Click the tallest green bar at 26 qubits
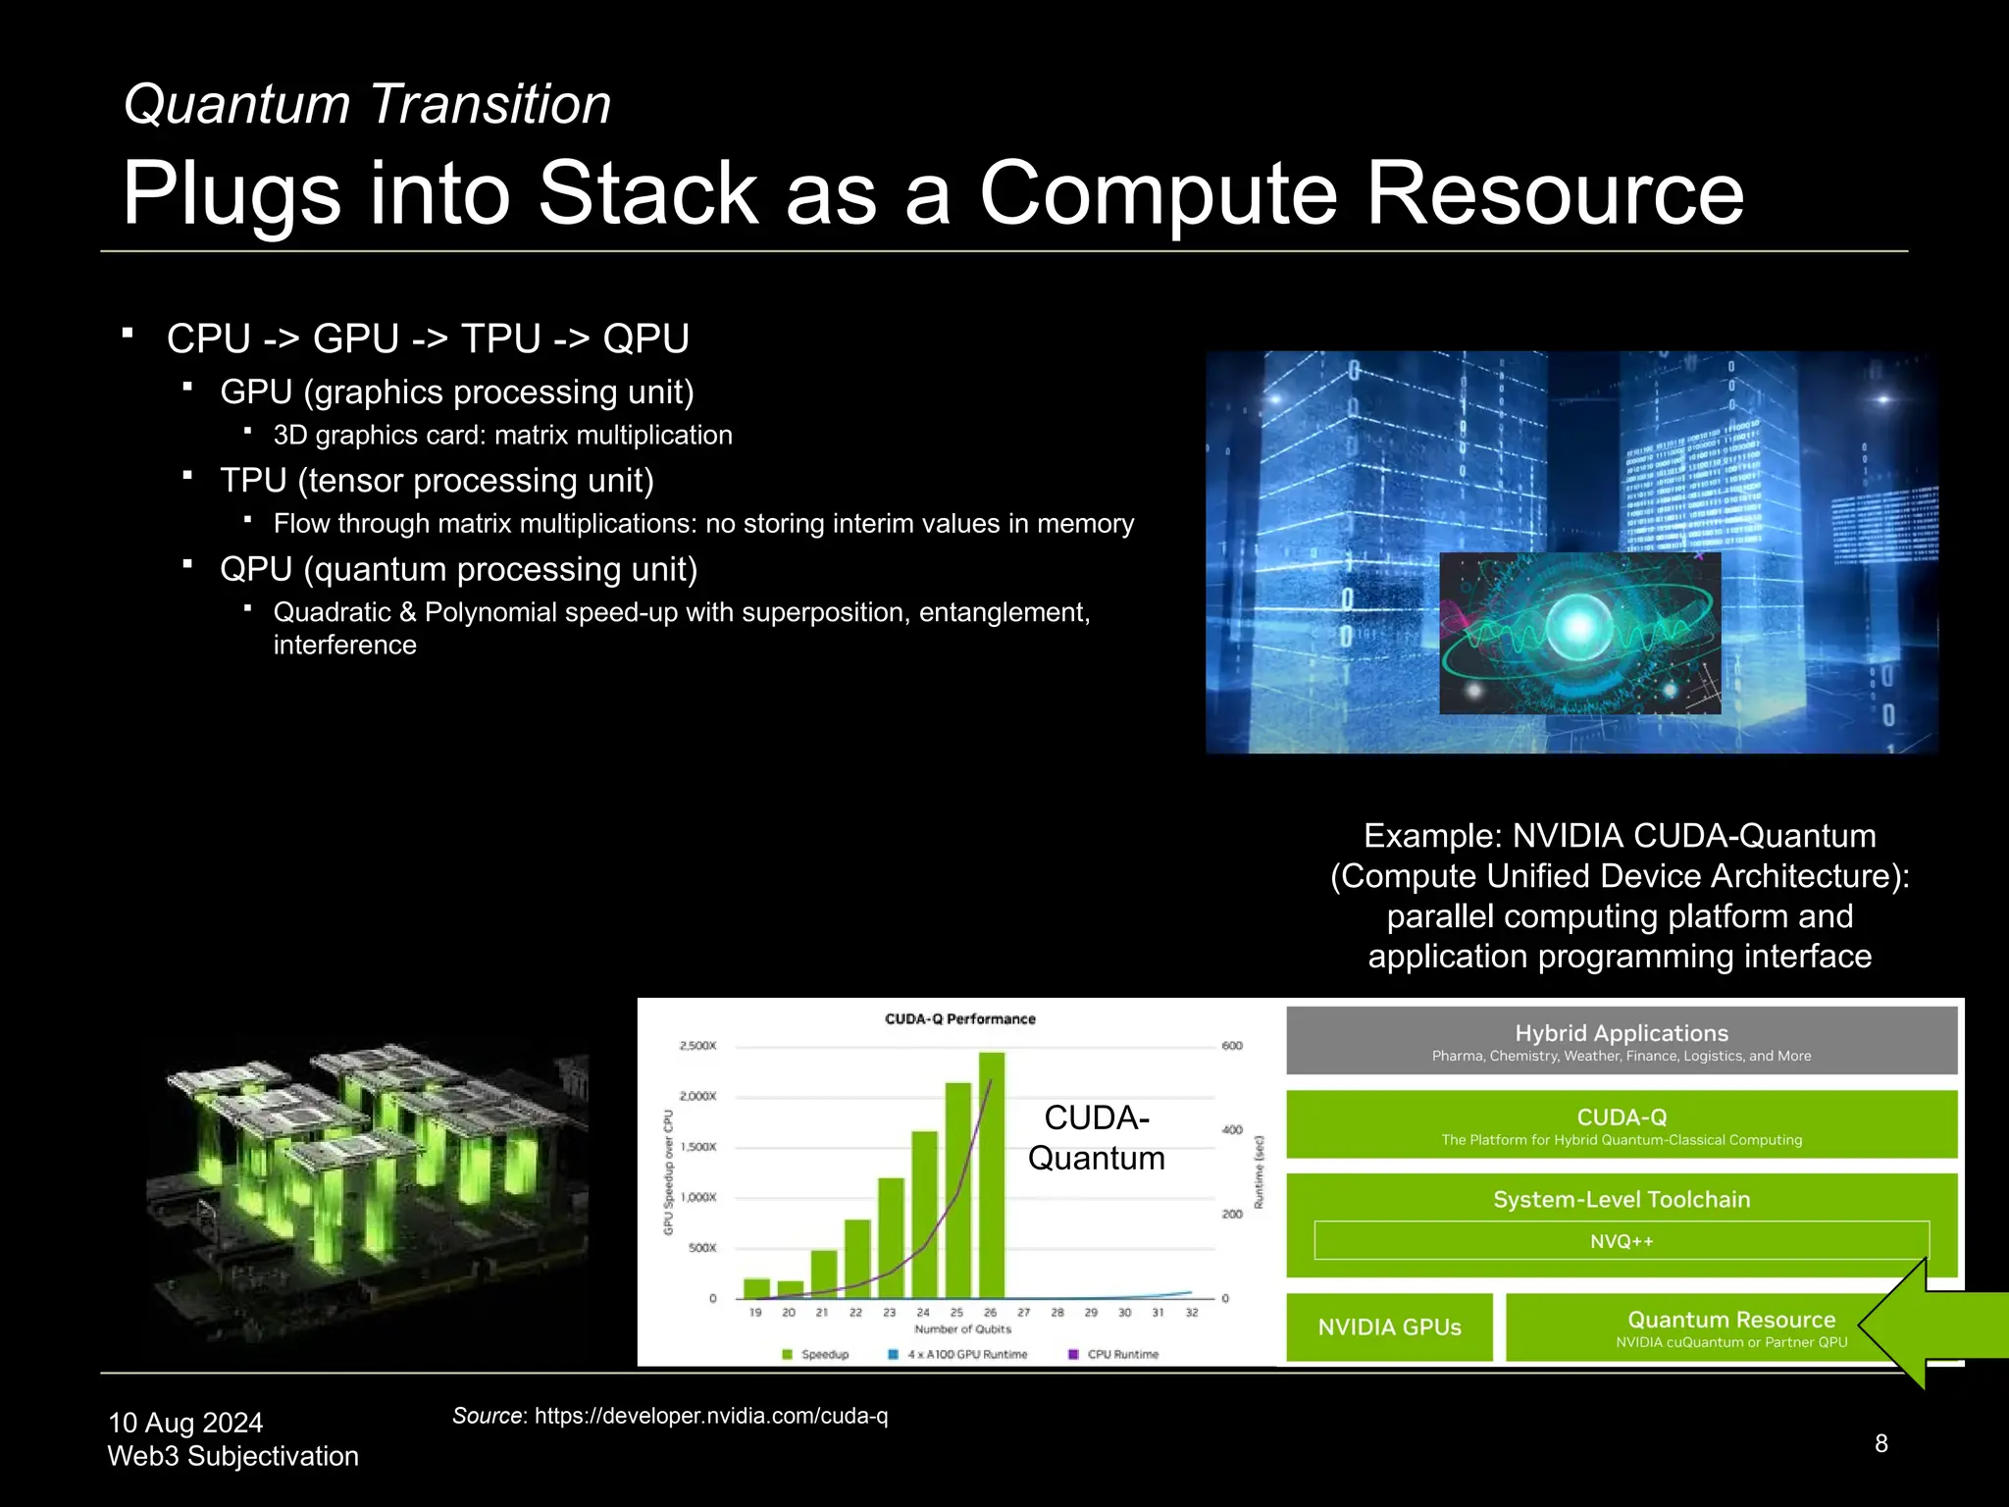[x=991, y=1177]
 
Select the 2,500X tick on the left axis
[x=697, y=1046]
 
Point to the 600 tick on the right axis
[x=1232, y=1046]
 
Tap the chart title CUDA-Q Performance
[x=959, y=1019]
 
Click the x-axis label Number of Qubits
[x=962, y=1329]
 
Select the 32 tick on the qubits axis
[x=1191, y=1313]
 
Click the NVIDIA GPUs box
[x=1389, y=1327]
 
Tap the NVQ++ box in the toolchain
[x=1621, y=1241]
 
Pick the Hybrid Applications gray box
[x=1621, y=1040]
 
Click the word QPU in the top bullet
[x=645, y=338]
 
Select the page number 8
[x=1880, y=1443]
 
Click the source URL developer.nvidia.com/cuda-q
[x=710, y=1416]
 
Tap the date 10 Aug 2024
[x=185, y=1423]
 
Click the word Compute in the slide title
[x=1159, y=193]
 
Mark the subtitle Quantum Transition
[x=367, y=104]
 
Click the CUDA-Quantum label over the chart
[x=1096, y=1138]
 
